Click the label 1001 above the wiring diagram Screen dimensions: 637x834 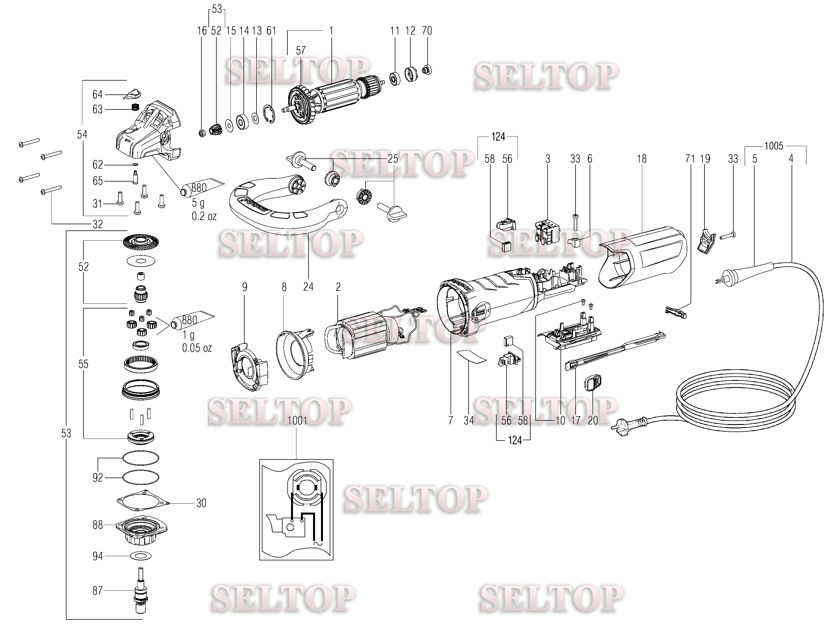(297, 421)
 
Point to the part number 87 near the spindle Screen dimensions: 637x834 (98, 590)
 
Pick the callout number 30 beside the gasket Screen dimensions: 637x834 (201, 503)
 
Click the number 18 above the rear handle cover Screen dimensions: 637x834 (641, 159)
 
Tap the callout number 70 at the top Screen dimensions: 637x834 (427, 31)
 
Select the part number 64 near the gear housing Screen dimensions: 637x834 (98, 94)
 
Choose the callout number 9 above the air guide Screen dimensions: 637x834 (245, 287)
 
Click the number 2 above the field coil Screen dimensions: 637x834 (338, 287)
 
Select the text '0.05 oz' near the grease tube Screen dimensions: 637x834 (197, 348)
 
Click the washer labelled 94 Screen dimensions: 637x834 (141, 556)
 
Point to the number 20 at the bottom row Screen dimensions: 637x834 (593, 420)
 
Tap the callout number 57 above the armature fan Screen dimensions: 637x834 (300, 50)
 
